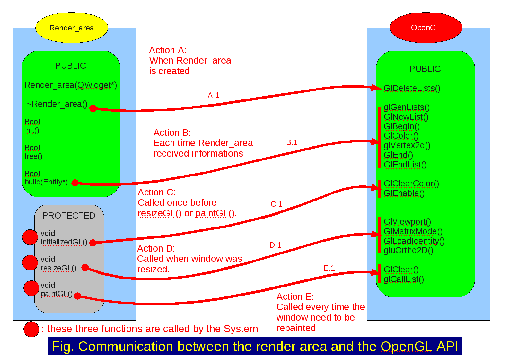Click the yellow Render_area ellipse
coord(72,28)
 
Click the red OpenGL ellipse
coord(426,28)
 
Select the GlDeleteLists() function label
coord(412,88)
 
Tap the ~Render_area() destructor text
coord(57,104)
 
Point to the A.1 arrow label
coord(213,95)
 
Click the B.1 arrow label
coord(292,142)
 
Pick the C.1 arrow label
coord(276,204)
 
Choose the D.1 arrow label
coord(275,245)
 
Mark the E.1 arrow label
coord(329,268)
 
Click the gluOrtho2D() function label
coord(408,250)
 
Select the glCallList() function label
coord(404,279)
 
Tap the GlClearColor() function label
coord(411,184)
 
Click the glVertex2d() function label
coord(407,145)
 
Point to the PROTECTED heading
coord(69,216)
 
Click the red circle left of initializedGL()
coord(30,237)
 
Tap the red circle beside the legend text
coord(31,329)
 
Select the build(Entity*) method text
coord(46,182)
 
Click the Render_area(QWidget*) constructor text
coord(71,85)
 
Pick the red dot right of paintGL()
coord(77,296)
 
